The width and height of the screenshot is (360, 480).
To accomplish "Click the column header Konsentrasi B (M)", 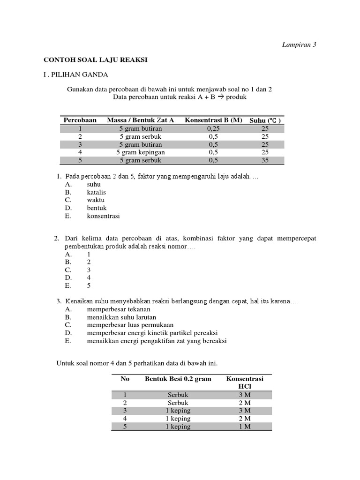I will [213, 120].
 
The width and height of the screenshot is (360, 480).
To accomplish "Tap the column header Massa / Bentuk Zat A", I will [141, 120].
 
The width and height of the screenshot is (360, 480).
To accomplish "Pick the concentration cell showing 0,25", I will [213, 128].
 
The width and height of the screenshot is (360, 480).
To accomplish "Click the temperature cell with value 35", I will [265, 160].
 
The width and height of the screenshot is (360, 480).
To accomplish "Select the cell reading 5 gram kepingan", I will [141, 152].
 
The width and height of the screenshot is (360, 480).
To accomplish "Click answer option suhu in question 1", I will [94, 184].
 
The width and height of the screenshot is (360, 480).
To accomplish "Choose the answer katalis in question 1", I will [96, 192].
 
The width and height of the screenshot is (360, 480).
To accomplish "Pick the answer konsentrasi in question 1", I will [103, 216].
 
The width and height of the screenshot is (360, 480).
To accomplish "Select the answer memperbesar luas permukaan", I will [130, 325].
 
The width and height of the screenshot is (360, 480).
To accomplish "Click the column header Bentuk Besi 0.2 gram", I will [178, 379].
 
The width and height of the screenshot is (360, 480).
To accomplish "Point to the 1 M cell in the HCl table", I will [245, 427].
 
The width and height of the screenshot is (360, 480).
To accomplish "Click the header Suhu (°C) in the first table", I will [265, 120].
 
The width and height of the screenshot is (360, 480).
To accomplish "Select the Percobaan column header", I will [80, 120].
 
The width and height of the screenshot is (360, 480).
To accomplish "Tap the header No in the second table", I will [125, 379].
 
